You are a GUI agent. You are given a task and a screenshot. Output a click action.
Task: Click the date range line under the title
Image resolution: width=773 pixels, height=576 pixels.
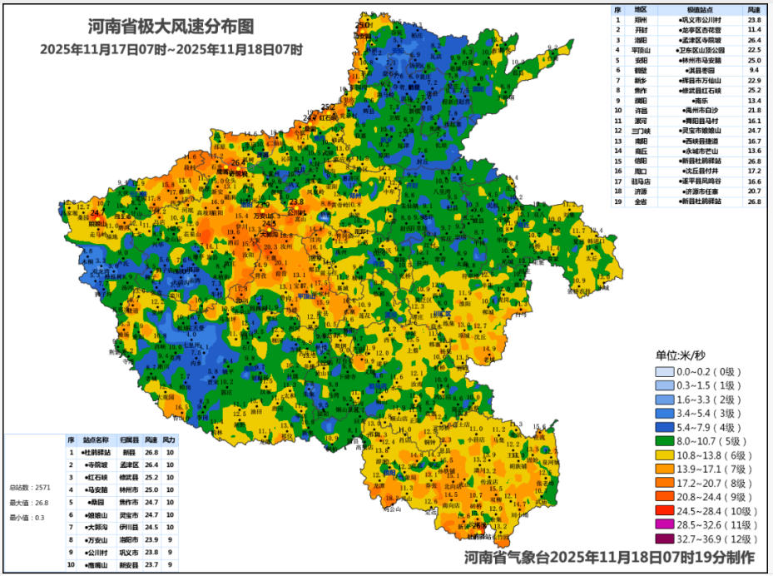(171, 49)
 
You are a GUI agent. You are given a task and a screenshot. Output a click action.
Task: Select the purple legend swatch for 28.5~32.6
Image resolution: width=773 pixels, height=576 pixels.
(674, 525)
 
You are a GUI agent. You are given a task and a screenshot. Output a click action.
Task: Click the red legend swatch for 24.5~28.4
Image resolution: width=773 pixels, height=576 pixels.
(674, 509)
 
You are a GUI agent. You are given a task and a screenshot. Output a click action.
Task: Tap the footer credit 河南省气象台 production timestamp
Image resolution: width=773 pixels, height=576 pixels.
(609, 557)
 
